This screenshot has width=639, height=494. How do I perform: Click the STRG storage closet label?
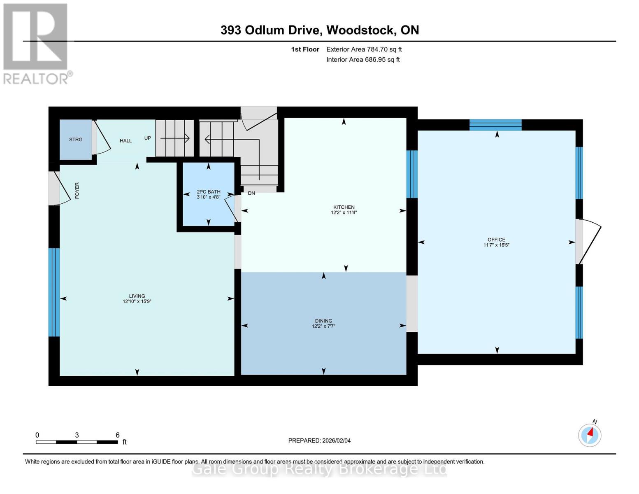click(76, 140)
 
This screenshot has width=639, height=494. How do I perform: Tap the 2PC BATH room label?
click(209, 192)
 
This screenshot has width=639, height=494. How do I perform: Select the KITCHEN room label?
click(344, 207)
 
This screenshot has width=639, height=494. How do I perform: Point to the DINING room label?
click(323, 321)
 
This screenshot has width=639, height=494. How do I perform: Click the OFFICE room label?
click(496, 240)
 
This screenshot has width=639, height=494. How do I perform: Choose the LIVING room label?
click(137, 296)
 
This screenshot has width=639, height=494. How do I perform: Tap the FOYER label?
click(77, 191)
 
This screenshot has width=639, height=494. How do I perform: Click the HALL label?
click(125, 141)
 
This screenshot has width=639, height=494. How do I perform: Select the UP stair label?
click(148, 138)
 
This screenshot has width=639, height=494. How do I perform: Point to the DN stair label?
click(251, 193)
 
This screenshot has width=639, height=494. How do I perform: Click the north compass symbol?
click(590, 435)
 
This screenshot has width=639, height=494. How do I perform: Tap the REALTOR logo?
click(36, 44)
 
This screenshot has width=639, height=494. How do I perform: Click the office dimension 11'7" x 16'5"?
click(496, 245)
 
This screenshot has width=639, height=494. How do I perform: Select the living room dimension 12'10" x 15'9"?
click(137, 301)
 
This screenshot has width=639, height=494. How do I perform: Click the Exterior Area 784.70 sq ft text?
click(364, 49)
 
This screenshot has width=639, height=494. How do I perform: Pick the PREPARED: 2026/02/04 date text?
click(319, 440)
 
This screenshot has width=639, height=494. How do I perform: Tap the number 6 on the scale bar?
click(118, 435)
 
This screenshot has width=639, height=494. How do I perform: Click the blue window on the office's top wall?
click(495, 125)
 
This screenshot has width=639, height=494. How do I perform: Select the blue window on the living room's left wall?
click(54, 292)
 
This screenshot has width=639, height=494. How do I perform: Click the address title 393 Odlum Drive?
click(271, 30)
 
